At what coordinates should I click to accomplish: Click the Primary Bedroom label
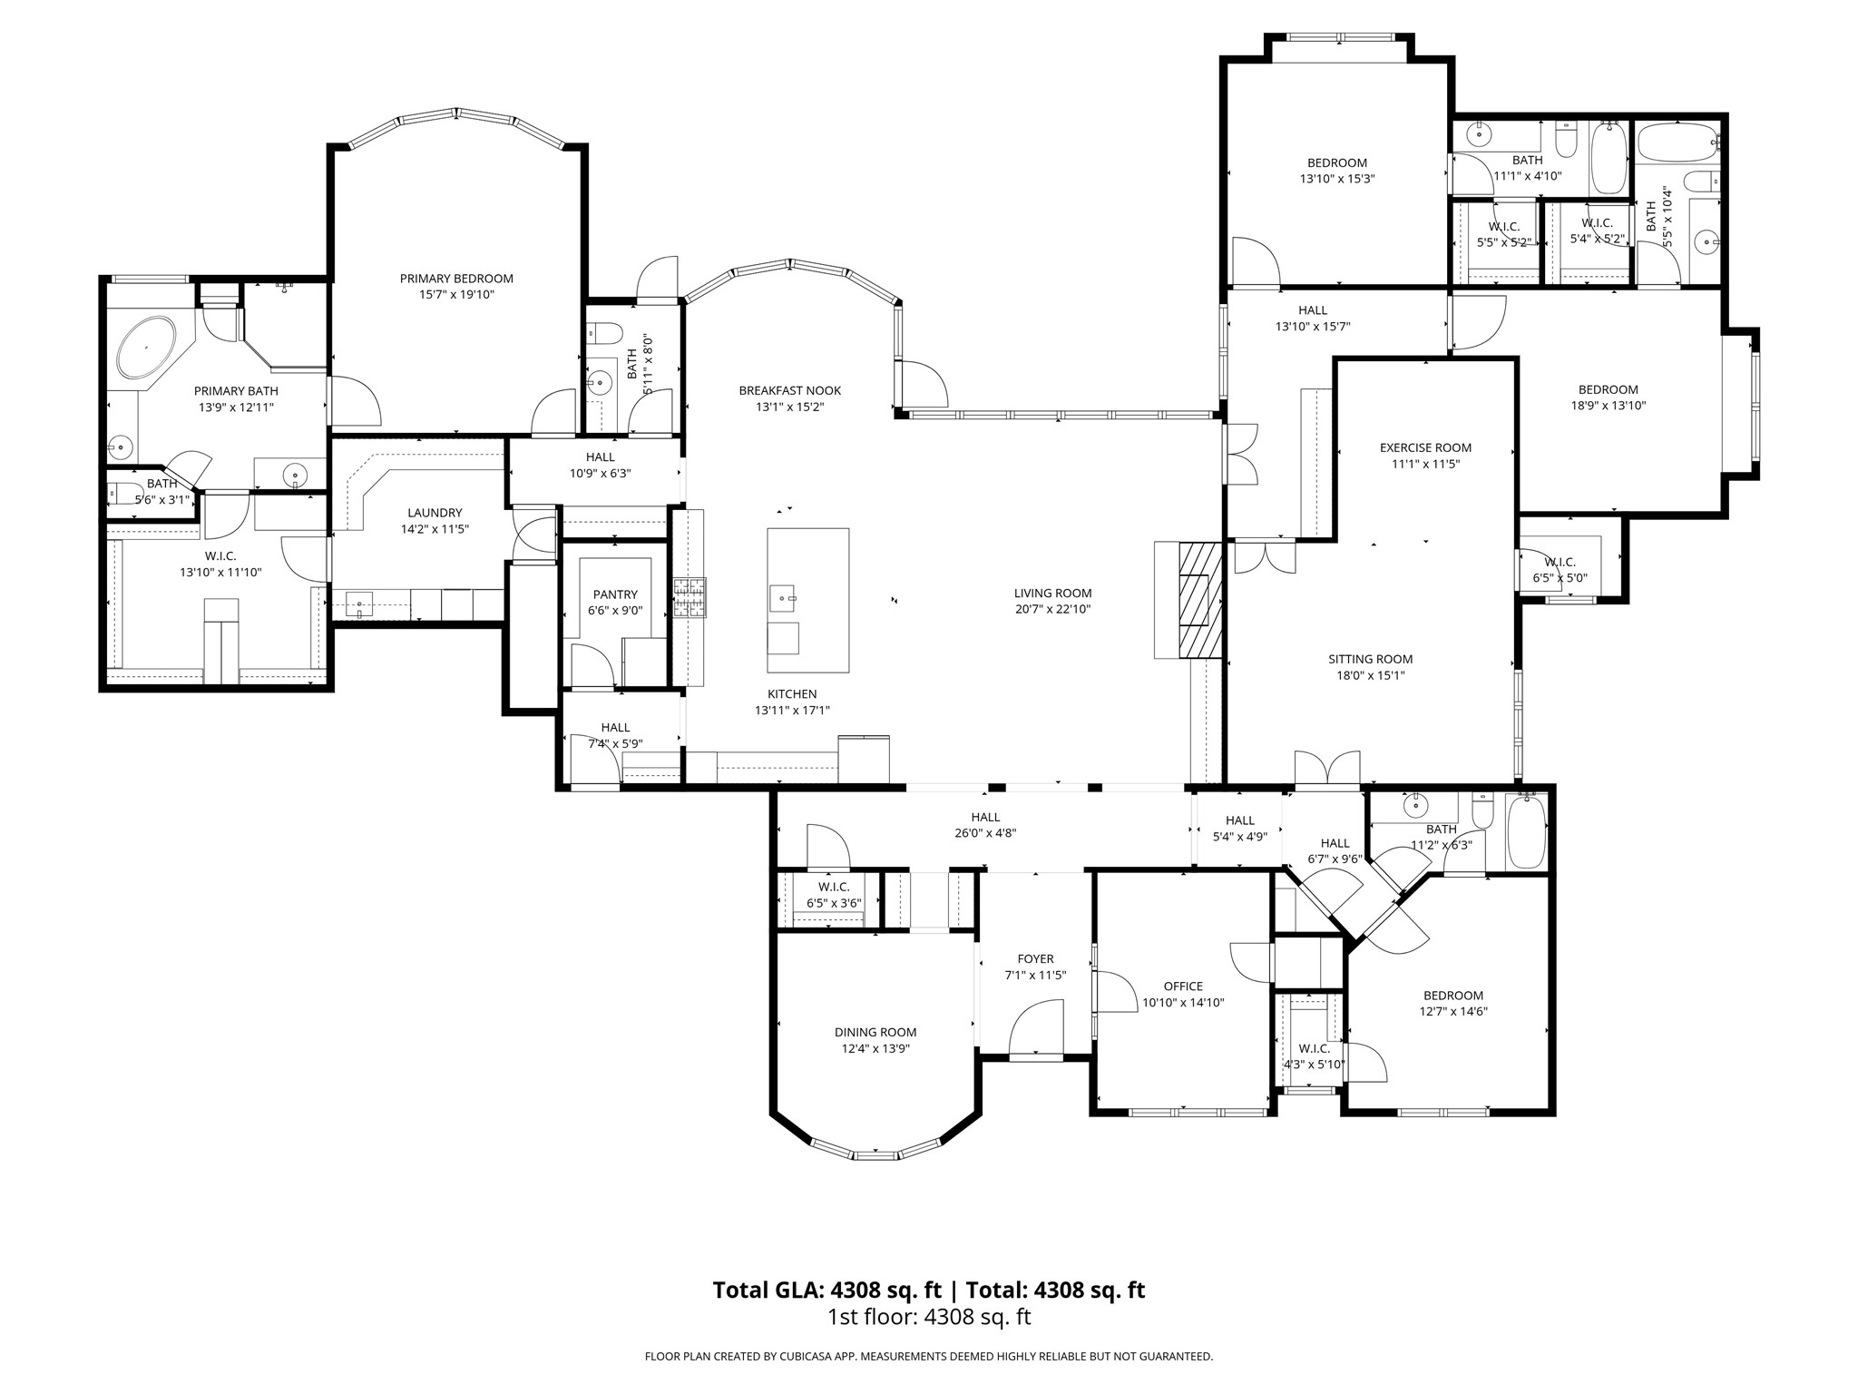click(456, 279)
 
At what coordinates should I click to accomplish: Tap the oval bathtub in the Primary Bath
click(146, 348)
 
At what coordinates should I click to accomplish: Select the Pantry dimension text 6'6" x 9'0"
click(615, 611)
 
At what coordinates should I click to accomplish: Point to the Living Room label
click(1052, 594)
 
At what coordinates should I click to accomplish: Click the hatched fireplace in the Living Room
click(1200, 600)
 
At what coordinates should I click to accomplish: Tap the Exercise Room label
click(1425, 447)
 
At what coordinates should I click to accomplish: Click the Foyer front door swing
click(1035, 1028)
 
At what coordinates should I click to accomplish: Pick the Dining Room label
click(875, 1032)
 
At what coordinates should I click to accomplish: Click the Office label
click(1183, 987)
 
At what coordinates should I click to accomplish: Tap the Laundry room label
click(435, 513)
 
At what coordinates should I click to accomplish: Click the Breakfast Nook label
click(789, 390)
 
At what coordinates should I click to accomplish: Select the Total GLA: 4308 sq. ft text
click(826, 1290)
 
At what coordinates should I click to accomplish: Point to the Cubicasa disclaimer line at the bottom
click(928, 1356)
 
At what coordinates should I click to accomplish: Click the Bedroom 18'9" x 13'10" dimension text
click(1608, 406)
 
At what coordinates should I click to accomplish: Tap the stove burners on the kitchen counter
click(689, 598)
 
